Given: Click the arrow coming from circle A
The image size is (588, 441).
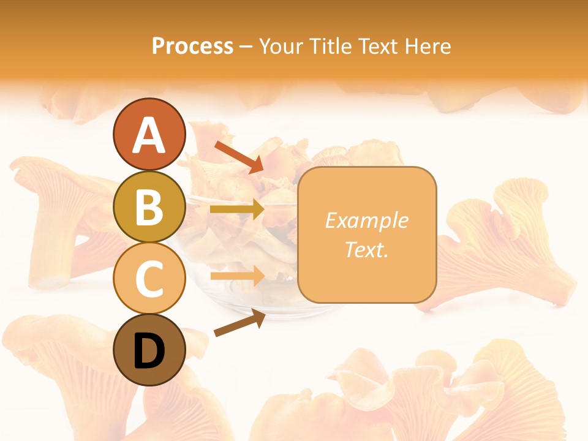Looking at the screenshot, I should click(239, 156).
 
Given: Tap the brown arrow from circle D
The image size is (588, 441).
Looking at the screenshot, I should click(239, 323).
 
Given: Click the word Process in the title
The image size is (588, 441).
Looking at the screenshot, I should click(192, 46).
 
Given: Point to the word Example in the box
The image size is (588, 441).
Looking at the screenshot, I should click(366, 221).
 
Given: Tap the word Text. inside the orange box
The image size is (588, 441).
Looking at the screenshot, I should click(366, 249).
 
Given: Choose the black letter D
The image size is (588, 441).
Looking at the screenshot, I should click(149, 352).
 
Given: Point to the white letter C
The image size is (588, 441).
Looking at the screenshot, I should click(149, 279).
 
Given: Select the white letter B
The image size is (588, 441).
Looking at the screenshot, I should click(149, 208).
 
